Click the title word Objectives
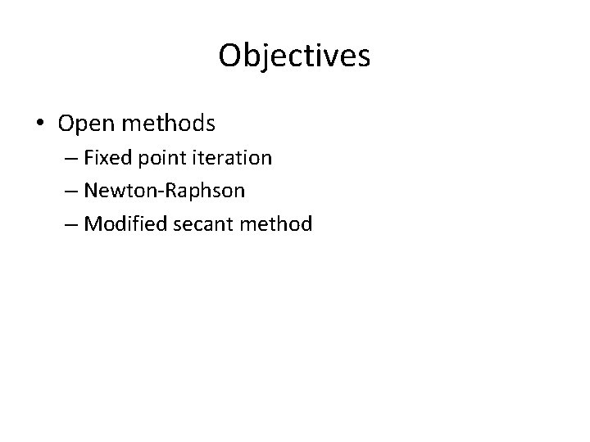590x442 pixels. [x=294, y=56]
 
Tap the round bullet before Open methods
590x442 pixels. [x=40, y=124]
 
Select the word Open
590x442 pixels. [x=84, y=124]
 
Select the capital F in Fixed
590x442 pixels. [x=88, y=157]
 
